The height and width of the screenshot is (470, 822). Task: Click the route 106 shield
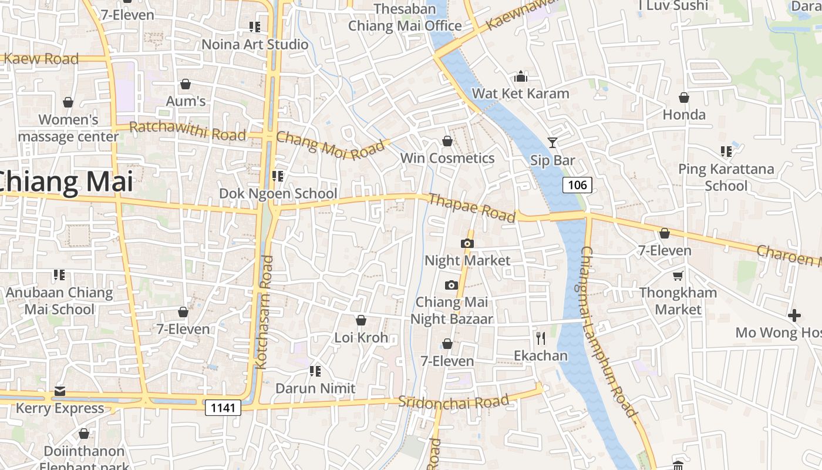tap(577, 185)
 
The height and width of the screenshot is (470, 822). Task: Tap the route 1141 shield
tap(223, 408)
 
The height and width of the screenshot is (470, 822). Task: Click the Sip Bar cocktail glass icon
tap(553, 142)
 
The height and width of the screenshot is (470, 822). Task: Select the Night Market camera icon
tap(467, 243)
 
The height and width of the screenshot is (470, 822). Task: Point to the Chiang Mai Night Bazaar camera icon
tap(451, 285)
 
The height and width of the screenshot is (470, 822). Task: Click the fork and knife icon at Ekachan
tap(541, 338)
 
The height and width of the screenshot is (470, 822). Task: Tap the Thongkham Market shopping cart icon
tap(678, 276)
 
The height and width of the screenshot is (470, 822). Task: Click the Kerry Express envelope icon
tap(59, 391)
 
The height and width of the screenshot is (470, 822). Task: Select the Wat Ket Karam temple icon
tap(520, 76)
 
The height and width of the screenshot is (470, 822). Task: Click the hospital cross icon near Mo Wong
tap(794, 315)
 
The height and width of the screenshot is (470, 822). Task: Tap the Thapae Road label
tap(472, 207)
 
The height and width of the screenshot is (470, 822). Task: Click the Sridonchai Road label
tap(453, 402)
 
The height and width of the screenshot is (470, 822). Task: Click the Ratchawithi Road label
tap(187, 131)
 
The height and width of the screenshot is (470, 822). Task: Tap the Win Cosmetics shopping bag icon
tap(447, 141)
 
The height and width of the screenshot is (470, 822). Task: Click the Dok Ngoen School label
tap(278, 193)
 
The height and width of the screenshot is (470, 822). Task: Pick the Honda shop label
tap(684, 114)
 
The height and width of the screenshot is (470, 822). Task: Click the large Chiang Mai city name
tap(65, 182)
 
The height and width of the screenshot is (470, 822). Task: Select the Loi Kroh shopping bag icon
tap(361, 320)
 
